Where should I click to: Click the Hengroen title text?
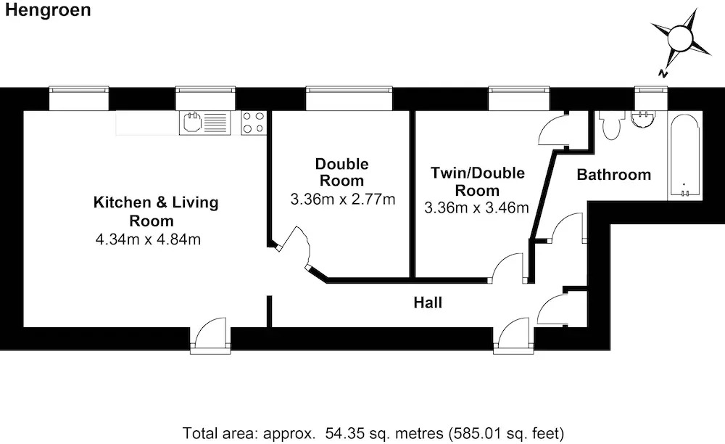coord(48,10)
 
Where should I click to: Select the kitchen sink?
coord(205,123)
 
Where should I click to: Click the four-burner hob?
coord(254,123)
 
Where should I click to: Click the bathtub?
coord(685,156)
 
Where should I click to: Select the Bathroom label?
coord(613,175)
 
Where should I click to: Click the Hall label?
coord(428,303)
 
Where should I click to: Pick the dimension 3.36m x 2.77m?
coord(343,200)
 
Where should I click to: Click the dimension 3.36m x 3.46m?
coord(476,208)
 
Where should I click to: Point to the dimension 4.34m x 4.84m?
coord(148,239)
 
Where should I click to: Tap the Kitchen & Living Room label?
coord(156,211)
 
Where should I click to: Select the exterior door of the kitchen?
coord(210,335)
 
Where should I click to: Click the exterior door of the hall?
coord(513,335)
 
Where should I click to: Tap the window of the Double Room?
coord(349,98)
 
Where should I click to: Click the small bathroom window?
coord(651,98)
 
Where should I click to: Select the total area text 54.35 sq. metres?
coord(384,433)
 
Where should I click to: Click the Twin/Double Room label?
coord(478,181)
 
